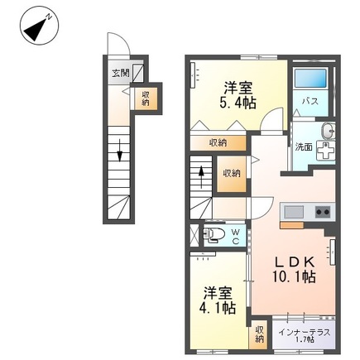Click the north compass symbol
(39, 26)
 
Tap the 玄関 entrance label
(120, 74)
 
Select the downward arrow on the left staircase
(119, 151)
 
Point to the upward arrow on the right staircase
(201, 176)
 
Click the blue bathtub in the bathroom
(310, 78)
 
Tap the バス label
(310, 101)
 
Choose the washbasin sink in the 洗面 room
(329, 131)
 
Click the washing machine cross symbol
(325, 151)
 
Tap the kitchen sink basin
(294, 212)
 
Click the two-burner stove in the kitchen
(323, 212)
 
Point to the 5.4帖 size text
(238, 103)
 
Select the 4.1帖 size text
(218, 308)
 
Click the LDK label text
(294, 262)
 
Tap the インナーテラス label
(304, 332)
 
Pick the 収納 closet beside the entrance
(146, 98)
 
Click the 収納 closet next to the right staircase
(232, 174)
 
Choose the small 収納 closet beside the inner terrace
(259, 334)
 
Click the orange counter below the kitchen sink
(292, 225)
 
